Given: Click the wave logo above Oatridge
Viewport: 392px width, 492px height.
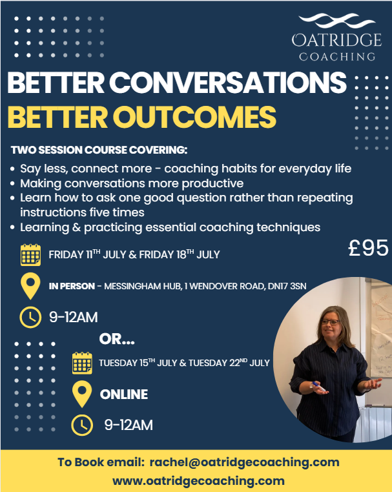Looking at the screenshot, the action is pos(336,21).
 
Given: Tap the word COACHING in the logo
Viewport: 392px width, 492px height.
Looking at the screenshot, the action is pos(337,56).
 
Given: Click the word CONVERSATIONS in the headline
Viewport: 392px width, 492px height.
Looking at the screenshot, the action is pos(228,82).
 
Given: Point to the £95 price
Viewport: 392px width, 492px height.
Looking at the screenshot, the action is pos(368,248).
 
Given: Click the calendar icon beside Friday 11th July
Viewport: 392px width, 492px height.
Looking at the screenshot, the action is pos(30,255).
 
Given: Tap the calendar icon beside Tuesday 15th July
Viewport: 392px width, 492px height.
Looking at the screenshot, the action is pos(82,363).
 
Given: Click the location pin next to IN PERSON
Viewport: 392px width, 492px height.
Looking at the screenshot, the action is pos(30,285).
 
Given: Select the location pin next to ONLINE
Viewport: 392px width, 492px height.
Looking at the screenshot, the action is pos(82,394).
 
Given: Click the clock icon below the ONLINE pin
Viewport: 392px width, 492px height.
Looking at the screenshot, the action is pos(82,425).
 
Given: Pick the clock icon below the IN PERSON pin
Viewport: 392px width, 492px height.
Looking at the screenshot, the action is pos(30,317).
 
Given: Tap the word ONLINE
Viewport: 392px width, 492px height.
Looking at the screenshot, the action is pos(124,395).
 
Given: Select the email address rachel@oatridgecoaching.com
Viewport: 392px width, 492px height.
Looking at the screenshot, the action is pos(245,462).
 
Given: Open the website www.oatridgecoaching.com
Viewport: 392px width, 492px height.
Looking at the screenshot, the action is pos(198,481).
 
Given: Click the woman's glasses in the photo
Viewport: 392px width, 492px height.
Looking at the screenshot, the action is pos(330,322).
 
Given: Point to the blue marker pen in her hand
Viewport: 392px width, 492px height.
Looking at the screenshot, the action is pos(318,386).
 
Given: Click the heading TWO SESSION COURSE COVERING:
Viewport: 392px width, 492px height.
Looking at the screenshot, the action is pos(99,150).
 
